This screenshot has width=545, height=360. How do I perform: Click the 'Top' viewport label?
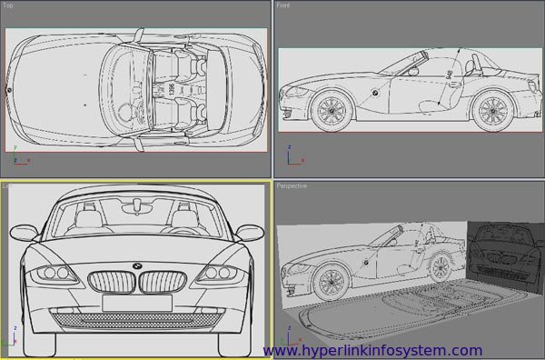(9, 5)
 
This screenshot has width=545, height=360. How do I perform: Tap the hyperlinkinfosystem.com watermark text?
(372, 350)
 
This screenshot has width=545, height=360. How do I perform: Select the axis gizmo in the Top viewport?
(18, 161)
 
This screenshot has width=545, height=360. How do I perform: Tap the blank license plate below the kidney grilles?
(137, 303)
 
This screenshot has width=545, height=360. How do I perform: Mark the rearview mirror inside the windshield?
(137, 206)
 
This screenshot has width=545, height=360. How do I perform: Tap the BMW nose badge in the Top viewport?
(9, 90)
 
